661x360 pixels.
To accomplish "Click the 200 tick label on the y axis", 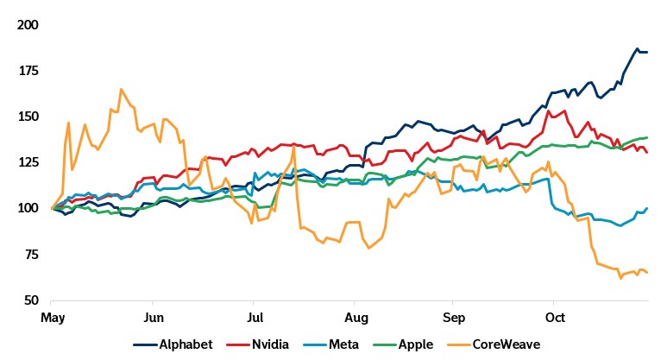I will pos(28,25).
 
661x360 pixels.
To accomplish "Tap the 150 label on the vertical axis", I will pos(28,117).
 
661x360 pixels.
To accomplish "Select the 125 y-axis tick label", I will pos(28,162).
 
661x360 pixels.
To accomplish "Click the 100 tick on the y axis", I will pos(28,208).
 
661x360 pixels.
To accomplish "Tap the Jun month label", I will pos(152,319).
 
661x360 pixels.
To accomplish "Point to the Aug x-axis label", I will pos(351,319).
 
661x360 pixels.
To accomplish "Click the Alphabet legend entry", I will pos(186,344).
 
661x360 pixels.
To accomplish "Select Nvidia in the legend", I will pos(271,344).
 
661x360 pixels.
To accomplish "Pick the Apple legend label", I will pos(416,344).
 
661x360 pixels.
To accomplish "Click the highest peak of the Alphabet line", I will pos(637,48).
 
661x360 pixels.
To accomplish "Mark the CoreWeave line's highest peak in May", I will pos(121,89).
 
